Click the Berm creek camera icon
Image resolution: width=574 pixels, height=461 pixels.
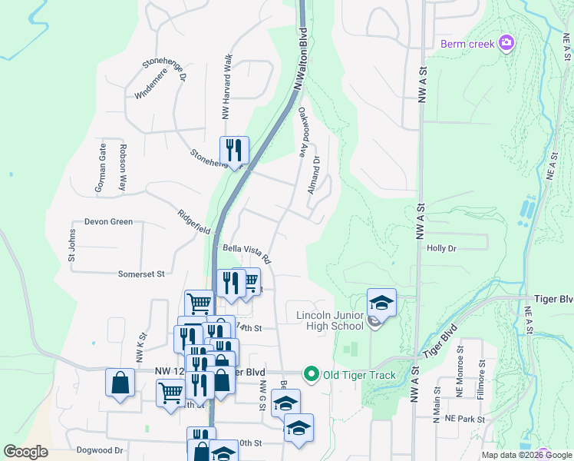point(506,43)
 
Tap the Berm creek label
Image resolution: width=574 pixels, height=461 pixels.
point(467,44)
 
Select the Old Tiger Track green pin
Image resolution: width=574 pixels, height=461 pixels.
point(311,375)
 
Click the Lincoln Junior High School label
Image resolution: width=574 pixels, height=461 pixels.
point(329,321)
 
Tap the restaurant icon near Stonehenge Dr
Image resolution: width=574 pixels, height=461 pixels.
point(233,150)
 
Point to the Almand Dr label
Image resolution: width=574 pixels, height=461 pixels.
point(313,174)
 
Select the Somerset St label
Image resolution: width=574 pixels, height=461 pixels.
point(141,274)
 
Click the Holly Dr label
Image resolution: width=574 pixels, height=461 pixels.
point(441,248)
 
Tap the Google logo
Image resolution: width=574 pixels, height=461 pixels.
point(25,452)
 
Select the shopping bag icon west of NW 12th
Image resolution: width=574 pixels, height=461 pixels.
point(120,383)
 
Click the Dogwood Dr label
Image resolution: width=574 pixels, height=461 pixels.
point(100,450)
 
